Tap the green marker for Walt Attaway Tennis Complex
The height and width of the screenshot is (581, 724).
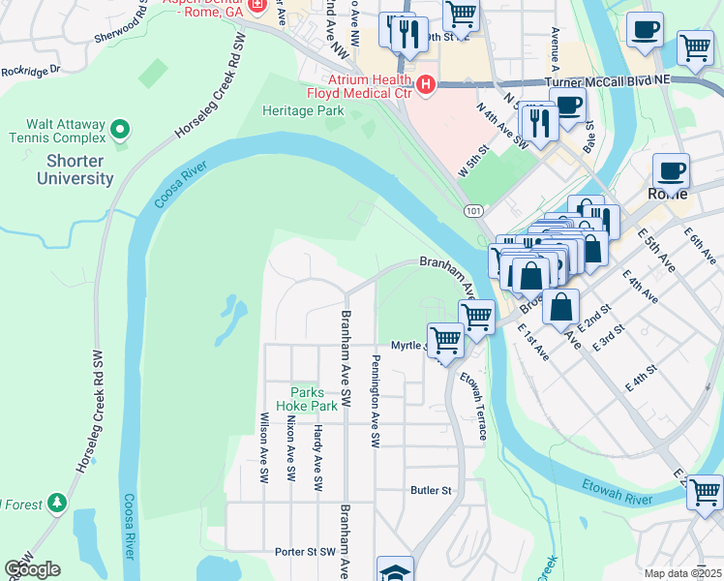tap(120, 129)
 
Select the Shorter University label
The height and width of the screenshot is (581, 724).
tap(75, 170)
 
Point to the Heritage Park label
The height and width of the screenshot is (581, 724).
tap(303, 110)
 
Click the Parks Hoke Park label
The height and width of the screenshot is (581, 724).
tap(314, 398)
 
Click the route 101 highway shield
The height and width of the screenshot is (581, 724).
tap(473, 210)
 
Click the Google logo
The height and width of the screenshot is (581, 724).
tap(32, 569)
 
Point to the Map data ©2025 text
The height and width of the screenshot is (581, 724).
tap(682, 573)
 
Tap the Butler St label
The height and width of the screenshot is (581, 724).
tap(432, 491)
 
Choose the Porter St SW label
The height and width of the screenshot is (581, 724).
tap(303, 552)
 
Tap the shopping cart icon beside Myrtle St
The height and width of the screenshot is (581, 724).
tap(445, 341)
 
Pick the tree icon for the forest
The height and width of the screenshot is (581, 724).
tap(58, 502)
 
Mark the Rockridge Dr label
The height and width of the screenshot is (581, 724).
tap(30, 70)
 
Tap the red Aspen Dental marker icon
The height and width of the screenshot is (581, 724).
tap(256, 7)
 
